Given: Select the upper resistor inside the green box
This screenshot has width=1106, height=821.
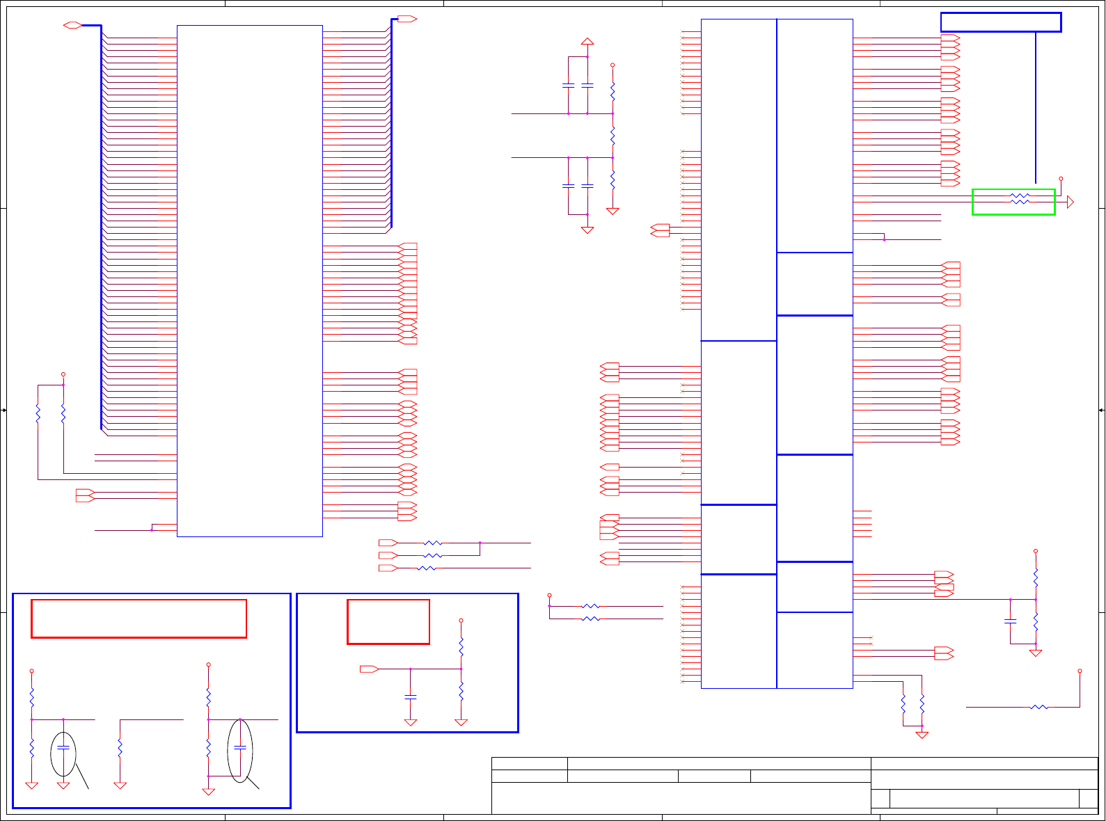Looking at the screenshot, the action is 1020,196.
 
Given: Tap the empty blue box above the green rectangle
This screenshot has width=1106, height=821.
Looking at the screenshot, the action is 1000,22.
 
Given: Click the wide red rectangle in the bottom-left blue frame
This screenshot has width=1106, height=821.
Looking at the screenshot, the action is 139,619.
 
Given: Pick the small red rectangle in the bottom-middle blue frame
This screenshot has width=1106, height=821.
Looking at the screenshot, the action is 388,621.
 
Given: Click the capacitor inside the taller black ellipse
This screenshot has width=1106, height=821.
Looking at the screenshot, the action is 240,747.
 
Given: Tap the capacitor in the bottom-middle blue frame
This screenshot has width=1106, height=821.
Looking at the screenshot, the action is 411,696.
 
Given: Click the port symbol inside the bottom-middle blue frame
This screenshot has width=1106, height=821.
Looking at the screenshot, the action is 370,669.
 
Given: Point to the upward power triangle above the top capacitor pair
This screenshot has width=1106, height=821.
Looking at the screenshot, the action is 587,42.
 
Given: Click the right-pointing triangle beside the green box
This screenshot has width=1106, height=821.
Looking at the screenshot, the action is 1071,202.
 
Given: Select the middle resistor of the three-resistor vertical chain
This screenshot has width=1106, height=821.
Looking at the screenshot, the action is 613,136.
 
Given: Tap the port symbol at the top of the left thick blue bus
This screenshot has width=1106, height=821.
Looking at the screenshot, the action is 72,26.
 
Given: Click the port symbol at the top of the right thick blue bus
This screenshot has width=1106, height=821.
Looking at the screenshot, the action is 407,19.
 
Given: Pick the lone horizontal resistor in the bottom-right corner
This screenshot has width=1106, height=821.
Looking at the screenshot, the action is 1038,708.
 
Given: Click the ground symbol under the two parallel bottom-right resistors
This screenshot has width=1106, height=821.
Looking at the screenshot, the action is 922,735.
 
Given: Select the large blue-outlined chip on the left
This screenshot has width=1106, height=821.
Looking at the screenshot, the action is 250,281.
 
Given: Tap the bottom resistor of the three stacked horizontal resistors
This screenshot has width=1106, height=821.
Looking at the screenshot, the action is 427,568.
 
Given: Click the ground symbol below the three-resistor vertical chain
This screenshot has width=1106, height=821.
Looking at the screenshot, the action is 613,211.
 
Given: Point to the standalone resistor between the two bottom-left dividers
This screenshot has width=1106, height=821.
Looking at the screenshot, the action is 120,749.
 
